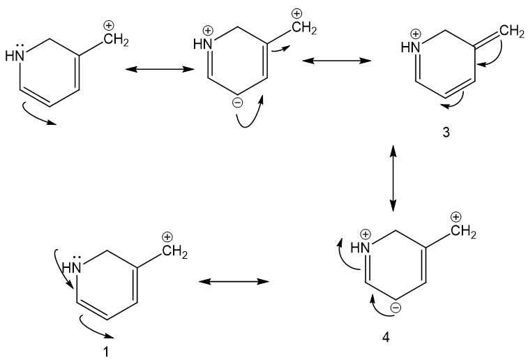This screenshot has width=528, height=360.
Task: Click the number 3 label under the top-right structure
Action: coord(446,133)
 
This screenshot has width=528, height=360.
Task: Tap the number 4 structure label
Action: coord(386,337)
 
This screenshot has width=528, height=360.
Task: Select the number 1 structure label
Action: coord(106,352)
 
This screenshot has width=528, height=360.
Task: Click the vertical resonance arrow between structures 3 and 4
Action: coord(393,178)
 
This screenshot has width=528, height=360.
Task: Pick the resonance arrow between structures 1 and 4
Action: coord(234,281)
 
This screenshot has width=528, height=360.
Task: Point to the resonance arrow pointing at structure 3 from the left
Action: coord(337,61)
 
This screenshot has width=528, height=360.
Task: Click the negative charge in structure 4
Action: coord(395,308)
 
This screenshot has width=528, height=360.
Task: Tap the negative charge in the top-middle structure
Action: coord(237,103)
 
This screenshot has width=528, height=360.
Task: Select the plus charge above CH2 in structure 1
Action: coord(167,237)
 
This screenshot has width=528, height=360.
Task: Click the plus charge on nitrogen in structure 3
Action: coord(416,34)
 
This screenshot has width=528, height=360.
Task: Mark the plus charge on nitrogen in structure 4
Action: coord(365,234)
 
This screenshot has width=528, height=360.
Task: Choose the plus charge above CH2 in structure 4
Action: coord(456,217)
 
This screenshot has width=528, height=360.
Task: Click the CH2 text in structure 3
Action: coord(512,31)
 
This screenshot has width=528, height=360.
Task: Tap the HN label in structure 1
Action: coord(72,268)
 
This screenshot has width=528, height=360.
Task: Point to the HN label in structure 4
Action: coord(360,248)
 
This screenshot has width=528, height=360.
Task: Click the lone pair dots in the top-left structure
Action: coord(20,46)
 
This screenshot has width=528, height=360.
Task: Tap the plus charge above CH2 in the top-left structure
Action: coord(108,25)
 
